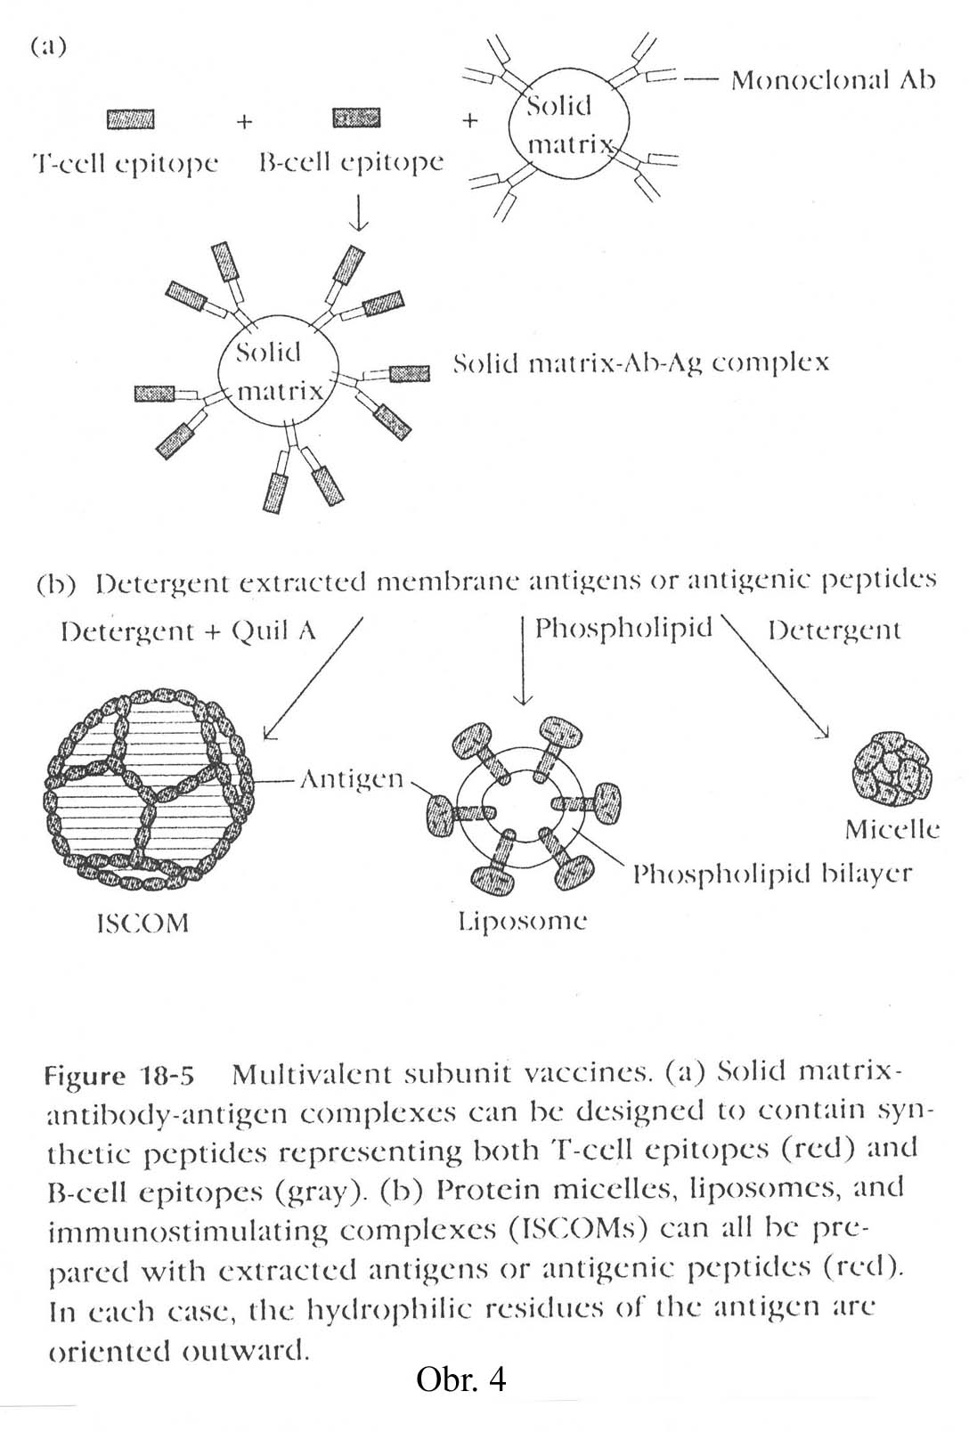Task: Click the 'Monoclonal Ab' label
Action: coord(833,80)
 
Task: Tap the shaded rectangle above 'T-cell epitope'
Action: coord(130,118)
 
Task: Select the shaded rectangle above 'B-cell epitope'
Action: coord(356,118)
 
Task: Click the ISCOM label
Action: coord(142,923)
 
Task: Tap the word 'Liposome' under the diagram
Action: coord(522,921)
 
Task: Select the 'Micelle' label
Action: coord(892,830)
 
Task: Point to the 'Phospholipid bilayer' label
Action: coord(772,874)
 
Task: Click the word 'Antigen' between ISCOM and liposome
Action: coord(351,779)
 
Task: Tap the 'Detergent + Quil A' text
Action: coord(189,631)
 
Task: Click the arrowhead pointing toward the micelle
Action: coord(824,732)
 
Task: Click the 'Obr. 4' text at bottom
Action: coord(460,1379)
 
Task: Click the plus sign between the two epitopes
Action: coord(244,121)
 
